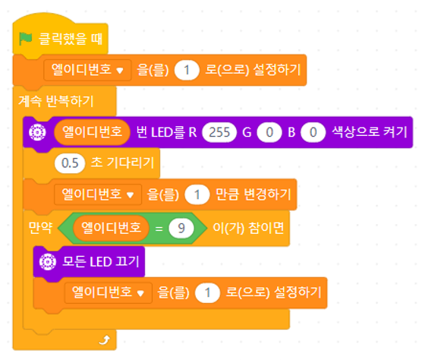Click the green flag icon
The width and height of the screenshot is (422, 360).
click(26, 39)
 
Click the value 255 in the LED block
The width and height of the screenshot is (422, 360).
click(219, 132)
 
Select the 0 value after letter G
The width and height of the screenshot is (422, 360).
click(269, 132)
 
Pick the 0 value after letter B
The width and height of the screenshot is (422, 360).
click(313, 132)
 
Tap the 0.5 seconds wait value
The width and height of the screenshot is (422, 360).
click(70, 163)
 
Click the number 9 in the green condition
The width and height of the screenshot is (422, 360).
click(181, 229)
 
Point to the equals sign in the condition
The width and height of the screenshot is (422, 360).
click(159, 229)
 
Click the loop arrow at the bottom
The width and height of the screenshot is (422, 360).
click(105, 340)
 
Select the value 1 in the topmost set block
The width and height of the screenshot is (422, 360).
click(187, 71)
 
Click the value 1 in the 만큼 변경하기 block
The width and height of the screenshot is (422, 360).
click(197, 194)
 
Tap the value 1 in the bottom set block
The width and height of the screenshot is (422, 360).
click(207, 292)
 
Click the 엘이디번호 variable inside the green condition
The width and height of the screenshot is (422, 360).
click(111, 228)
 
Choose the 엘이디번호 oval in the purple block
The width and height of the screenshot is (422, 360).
click(92, 132)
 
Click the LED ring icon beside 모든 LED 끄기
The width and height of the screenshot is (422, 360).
click(48, 261)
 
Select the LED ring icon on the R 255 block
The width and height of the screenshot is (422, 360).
click(37, 132)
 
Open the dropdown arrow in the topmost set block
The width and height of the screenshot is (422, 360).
click(120, 71)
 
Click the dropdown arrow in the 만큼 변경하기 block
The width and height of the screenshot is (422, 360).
click(131, 195)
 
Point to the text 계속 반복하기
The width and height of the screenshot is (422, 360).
click(56, 102)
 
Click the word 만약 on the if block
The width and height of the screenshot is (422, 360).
click(40, 229)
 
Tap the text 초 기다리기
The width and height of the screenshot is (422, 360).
click(122, 163)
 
